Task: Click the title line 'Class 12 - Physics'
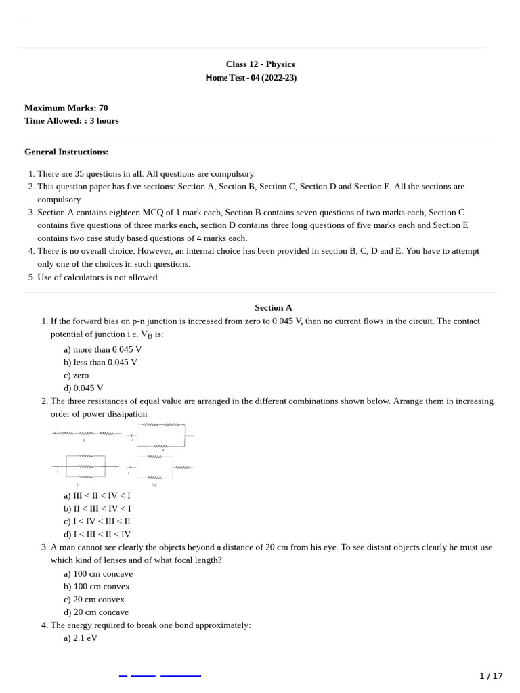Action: click(x=260, y=64)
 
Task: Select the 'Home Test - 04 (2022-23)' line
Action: click(x=251, y=78)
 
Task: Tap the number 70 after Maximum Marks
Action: click(x=103, y=108)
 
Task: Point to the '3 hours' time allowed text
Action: click(x=104, y=121)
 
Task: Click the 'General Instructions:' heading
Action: click(x=66, y=152)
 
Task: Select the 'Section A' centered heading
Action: click(x=274, y=307)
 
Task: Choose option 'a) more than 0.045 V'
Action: click(x=103, y=349)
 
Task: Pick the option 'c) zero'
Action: click(x=77, y=375)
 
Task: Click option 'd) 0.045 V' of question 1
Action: click(x=84, y=388)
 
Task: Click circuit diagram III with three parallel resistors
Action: click(x=85, y=466)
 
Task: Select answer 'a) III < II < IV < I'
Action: click(x=97, y=495)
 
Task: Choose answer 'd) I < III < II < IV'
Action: click(x=97, y=534)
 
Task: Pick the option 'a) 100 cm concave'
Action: click(x=98, y=573)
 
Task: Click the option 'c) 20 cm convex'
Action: click(x=94, y=599)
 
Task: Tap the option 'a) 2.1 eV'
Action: click(x=81, y=638)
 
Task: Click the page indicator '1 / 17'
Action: click(x=491, y=675)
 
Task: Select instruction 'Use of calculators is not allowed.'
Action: click(x=98, y=277)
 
